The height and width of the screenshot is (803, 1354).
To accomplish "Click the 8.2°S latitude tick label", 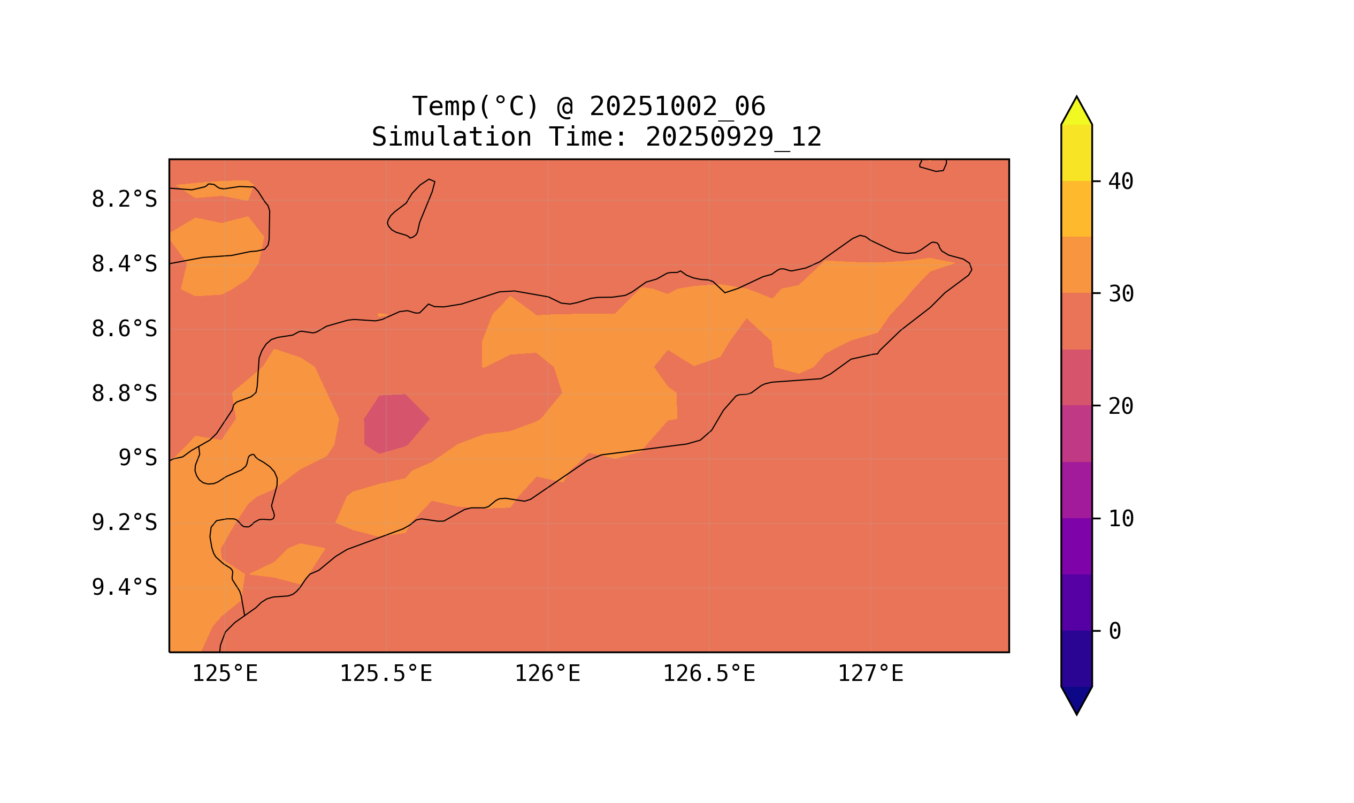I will tap(124, 200).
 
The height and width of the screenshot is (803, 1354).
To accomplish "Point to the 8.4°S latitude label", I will tap(124, 264).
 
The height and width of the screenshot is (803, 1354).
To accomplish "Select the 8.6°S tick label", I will tap(124, 329).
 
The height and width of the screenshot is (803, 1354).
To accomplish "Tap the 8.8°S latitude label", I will tap(124, 394).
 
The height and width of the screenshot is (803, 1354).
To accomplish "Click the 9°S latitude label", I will tap(137, 458).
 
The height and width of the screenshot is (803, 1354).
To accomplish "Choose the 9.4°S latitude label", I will tap(124, 588).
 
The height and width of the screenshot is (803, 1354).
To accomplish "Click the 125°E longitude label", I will tap(225, 674).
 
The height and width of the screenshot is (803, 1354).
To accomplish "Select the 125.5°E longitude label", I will tap(386, 674).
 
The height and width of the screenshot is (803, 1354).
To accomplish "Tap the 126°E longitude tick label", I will tap(547, 674).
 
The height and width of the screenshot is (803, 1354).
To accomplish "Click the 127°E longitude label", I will tap(870, 674).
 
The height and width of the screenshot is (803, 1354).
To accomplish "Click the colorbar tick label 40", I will tap(1120, 182).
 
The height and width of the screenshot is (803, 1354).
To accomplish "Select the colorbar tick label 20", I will tap(1120, 406).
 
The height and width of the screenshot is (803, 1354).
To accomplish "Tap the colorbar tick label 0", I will tap(1114, 632).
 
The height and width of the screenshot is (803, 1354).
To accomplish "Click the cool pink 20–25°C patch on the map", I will tap(394, 422).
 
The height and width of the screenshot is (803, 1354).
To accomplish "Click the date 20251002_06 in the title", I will tap(677, 107).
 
